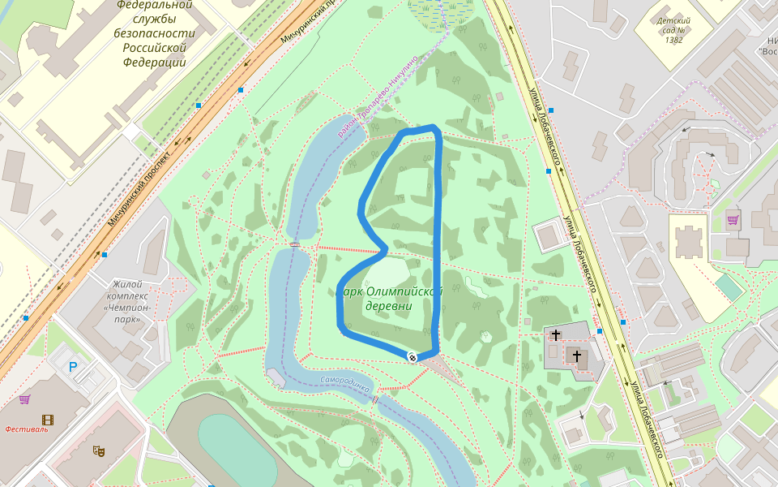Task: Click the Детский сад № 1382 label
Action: pyautogui.click(x=673, y=29)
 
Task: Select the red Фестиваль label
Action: pyautogui.click(x=26, y=429)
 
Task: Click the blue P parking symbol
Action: pyautogui.click(x=73, y=367)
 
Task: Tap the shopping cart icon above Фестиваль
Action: pyautogui.click(x=24, y=399)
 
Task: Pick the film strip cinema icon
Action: pyautogui.click(x=48, y=420)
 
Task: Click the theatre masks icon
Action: pyautogui.click(x=99, y=449)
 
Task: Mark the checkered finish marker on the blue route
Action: pyautogui.click(x=413, y=356)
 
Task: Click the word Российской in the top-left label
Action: pyautogui.click(x=154, y=47)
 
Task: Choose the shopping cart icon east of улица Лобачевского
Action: pyautogui.click(x=733, y=219)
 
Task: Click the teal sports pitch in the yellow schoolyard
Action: pyautogui.click(x=729, y=287)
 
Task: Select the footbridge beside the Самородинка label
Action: pyautogui.click(x=375, y=399)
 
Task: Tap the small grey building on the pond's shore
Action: pyautogui.click(x=276, y=377)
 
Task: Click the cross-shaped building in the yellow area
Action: pyautogui.click(x=689, y=240)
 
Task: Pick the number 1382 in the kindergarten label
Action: pyautogui.click(x=673, y=39)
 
